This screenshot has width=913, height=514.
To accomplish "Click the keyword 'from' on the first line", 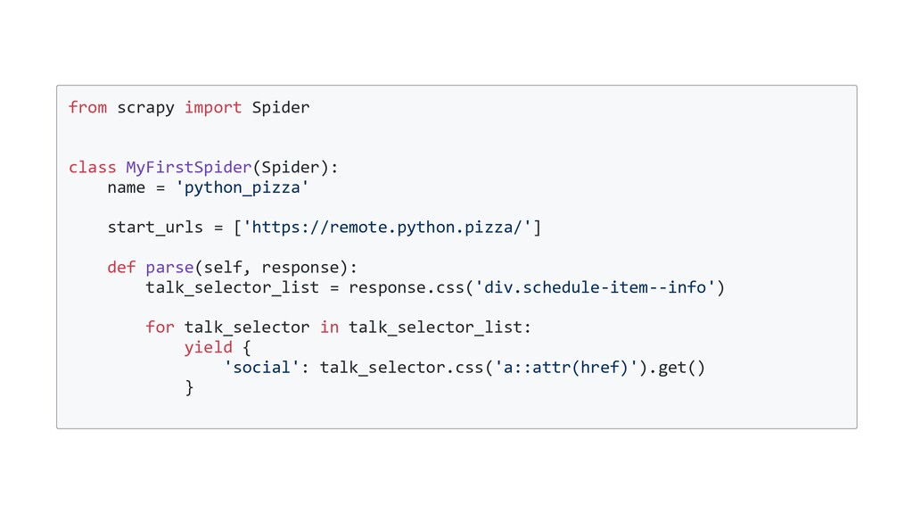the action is pyautogui.click(x=87, y=108).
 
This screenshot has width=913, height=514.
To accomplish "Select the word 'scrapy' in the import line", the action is pyautogui.click(x=145, y=108).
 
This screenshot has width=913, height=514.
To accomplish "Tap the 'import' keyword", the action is pyautogui.click(x=213, y=108).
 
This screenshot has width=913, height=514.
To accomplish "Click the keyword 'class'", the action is pyautogui.click(x=92, y=168).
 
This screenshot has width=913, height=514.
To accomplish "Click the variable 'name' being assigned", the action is pyautogui.click(x=126, y=187).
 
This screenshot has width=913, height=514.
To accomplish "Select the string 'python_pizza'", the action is pyautogui.click(x=243, y=187).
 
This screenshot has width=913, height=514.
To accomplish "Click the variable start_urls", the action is pyautogui.click(x=155, y=228).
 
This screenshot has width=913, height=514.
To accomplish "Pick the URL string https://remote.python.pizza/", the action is pyautogui.click(x=387, y=228).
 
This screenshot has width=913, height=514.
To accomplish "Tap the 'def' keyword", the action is pyautogui.click(x=121, y=268).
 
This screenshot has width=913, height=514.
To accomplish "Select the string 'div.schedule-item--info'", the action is pyautogui.click(x=594, y=287).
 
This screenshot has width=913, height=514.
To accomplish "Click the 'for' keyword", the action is pyautogui.click(x=160, y=327).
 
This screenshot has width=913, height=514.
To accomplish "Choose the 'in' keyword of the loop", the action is pyautogui.click(x=329, y=327).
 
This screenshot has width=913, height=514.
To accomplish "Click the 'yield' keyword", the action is pyautogui.click(x=208, y=347).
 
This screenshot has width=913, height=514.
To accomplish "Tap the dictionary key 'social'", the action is pyautogui.click(x=261, y=368).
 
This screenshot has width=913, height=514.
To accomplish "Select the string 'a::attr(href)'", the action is pyautogui.click(x=566, y=368).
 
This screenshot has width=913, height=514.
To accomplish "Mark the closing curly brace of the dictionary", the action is pyautogui.click(x=189, y=387).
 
